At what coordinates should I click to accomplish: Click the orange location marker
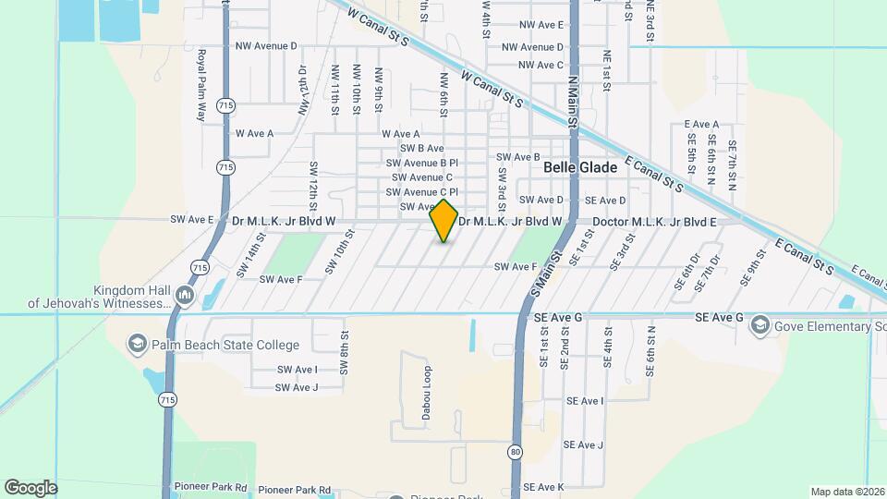click(444, 221)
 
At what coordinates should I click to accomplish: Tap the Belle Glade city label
click(580, 167)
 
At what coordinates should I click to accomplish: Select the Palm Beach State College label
click(226, 346)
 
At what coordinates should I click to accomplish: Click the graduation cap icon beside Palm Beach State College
click(138, 345)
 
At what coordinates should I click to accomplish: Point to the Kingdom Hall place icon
click(184, 296)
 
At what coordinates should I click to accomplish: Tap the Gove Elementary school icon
click(759, 324)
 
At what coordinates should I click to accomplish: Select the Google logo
click(30, 487)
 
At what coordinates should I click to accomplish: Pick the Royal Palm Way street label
click(200, 86)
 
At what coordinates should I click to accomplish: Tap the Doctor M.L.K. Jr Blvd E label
click(654, 222)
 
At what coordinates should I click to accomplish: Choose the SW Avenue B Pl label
click(422, 163)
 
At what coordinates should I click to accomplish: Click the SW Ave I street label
click(297, 370)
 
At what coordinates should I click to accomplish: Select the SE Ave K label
click(543, 487)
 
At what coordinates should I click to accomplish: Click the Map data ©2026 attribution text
click(845, 492)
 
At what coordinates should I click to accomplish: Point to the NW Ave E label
click(541, 25)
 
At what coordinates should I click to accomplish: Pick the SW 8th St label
click(344, 352)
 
